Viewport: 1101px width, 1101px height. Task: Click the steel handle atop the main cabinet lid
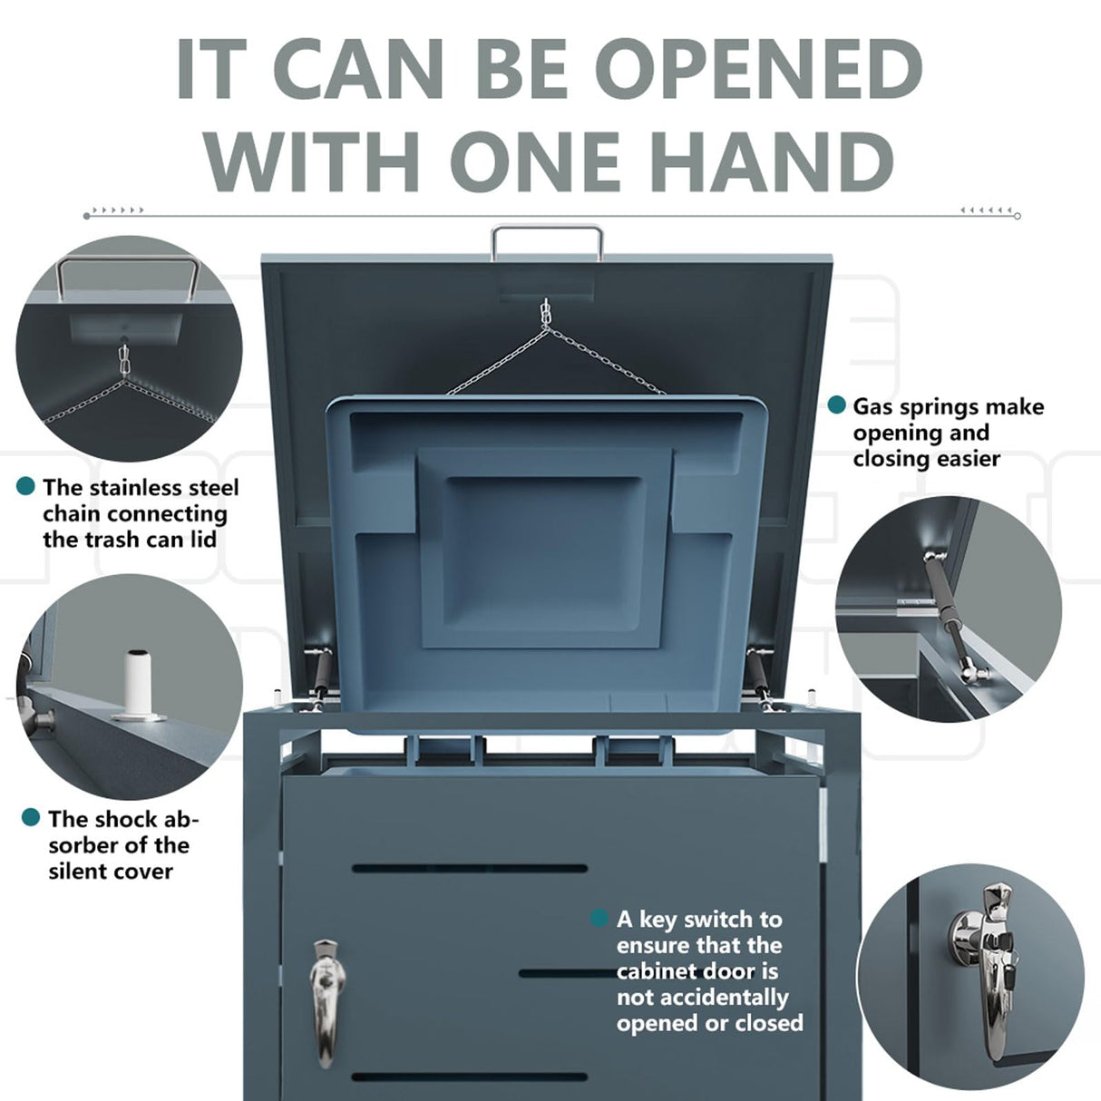(547, 232)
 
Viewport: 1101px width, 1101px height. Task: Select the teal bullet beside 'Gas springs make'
(837, 405)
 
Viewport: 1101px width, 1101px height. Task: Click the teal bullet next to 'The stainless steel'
(26, 487)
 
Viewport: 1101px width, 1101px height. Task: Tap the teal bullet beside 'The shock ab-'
(31, 818)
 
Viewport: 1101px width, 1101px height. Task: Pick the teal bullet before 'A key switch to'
(599, 919)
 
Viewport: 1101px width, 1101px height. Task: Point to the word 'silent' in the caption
(78, 871)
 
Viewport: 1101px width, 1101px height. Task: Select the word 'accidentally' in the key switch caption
(702, 997)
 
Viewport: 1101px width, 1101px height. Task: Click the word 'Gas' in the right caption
(872, 406)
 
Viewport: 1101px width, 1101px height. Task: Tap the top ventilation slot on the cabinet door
(469, 868)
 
